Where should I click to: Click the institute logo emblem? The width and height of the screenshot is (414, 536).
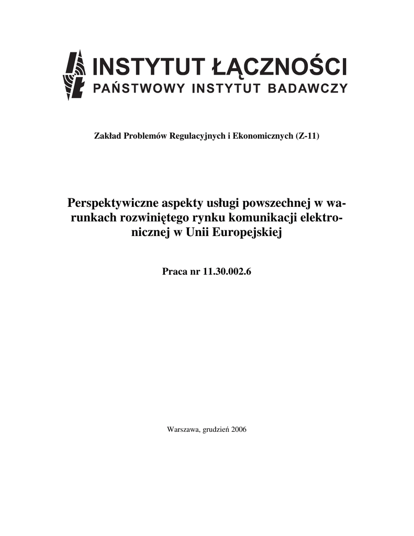75,75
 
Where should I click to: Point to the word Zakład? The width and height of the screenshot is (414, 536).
106,137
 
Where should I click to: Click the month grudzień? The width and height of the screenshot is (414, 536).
215,430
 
